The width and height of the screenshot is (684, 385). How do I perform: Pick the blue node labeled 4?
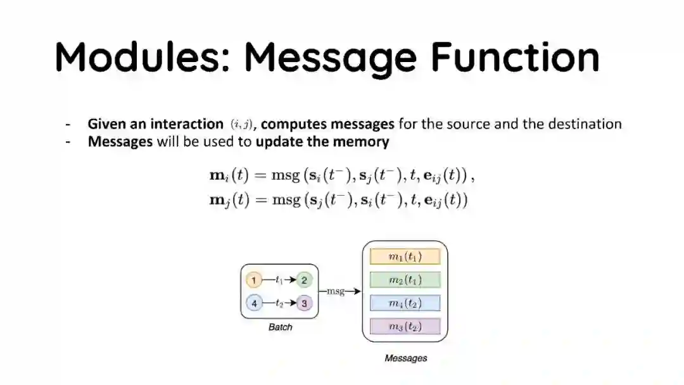click(253, 303)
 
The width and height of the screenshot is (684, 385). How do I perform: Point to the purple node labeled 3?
click(304, 303)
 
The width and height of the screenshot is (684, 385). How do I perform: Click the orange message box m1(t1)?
click(405, 256)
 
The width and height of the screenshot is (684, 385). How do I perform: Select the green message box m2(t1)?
click(405, 280)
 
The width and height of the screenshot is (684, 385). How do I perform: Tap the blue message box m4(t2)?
click(405, 303)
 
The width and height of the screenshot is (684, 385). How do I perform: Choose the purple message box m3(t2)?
click(405, 327)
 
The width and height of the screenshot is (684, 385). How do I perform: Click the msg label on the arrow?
click(335, 291)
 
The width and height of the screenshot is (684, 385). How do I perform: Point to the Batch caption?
click(280, 327)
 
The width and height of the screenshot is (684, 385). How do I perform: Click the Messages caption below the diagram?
click(405, 358)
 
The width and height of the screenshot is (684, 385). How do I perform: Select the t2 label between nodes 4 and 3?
click(279, 303)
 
